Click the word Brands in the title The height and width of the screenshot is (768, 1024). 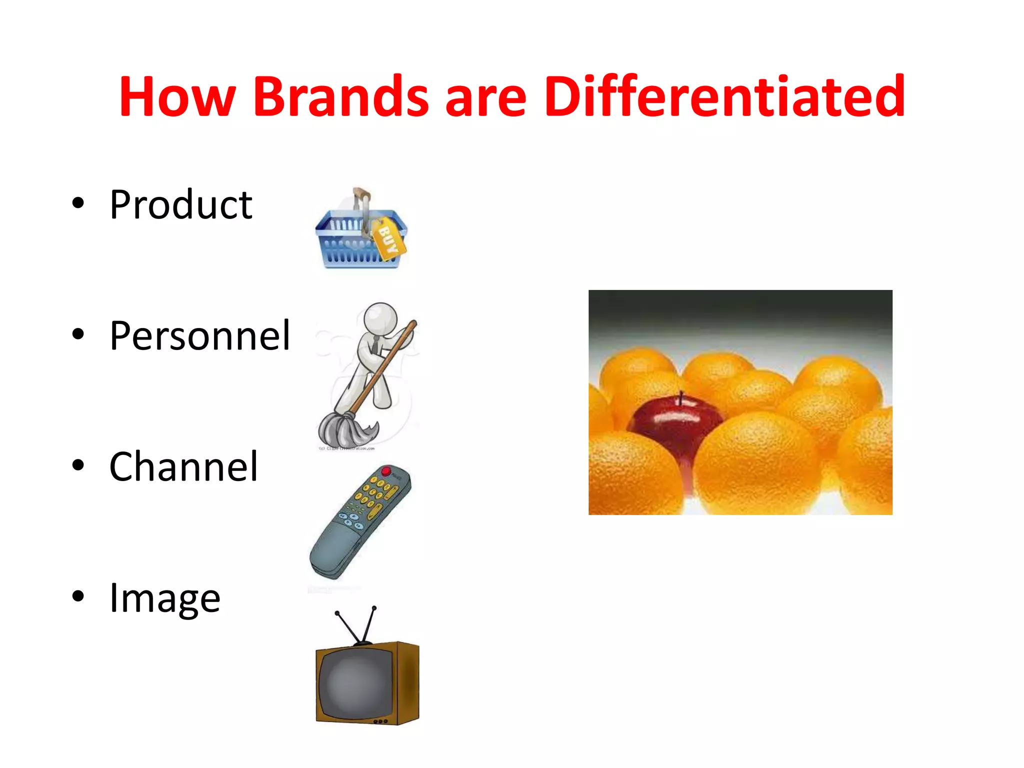[341, 96]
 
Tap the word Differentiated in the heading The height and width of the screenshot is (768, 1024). [724, 96]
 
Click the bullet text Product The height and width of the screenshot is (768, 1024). [181, 204]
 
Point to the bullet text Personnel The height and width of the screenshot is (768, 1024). [199, 335]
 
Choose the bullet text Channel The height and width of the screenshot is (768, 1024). [183, 466]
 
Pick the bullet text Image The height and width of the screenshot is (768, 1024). [164, 598]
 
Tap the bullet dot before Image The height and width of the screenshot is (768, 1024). [78, 596]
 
